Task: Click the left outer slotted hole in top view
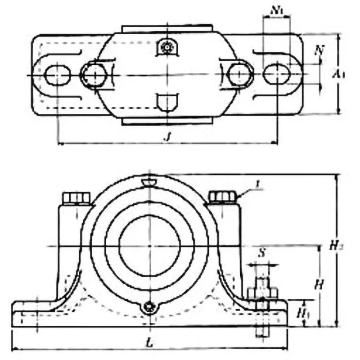[58, 75]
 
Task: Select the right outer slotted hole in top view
[276, 75]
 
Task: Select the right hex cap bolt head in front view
[223, 197]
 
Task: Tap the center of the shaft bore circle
[150, 246]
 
